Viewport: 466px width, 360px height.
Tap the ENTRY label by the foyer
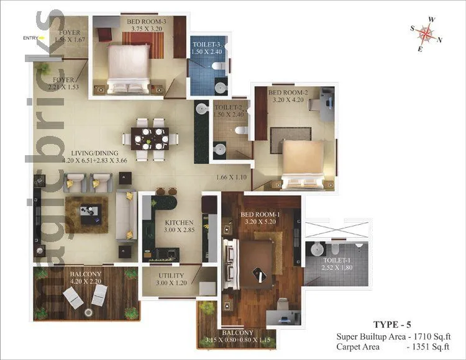pyautogui.click(x=30, y=38)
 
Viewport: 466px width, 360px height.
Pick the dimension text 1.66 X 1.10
pyautogui.click(x=232, y=178)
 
